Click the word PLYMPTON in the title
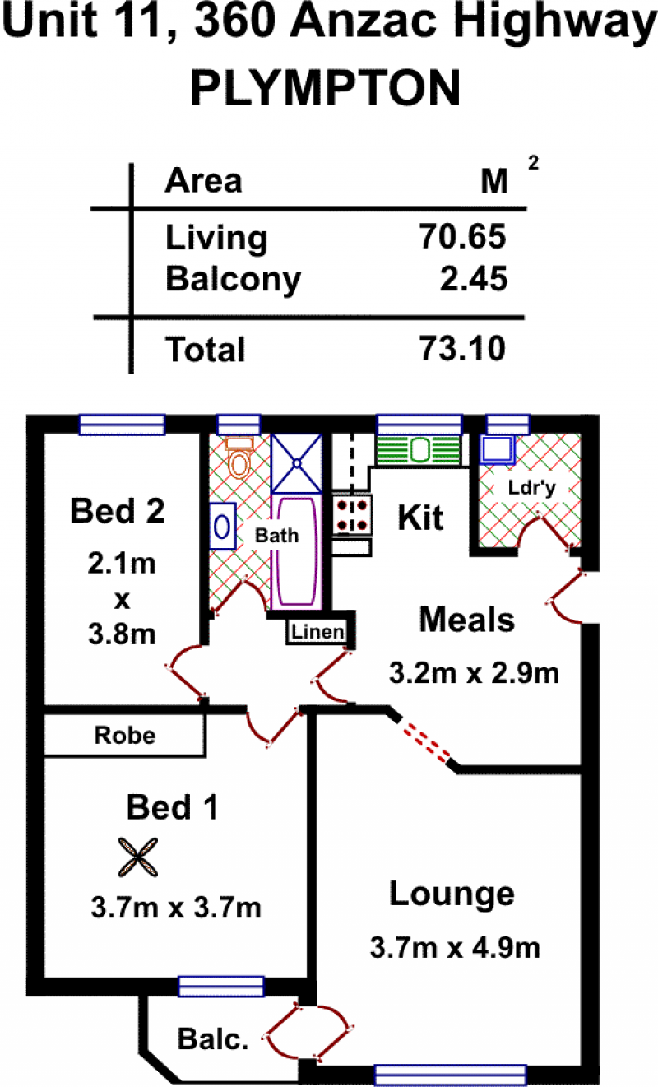[x=326, y=88]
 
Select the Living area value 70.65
[x=462, y=237]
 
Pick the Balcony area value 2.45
[x=473, y=279]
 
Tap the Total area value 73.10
[x=462, y=348]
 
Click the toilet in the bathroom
[x=239, y=458]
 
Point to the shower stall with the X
[x=296, y=463]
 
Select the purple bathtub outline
[x=296, y=551]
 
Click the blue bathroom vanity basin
[x=223, y=526]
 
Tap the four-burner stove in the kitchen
[x=351, y=515]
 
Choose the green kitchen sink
[x=419, y=450]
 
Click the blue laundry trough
[x=498, y=449]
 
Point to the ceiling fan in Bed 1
[x=137, y=857]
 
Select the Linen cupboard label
[x=317, y=631]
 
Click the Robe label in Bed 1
[x=125, y=735]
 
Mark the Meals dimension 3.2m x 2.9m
[x=474, y=673]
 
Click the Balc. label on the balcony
[x=213, y=1038]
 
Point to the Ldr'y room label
[x=531, y=488]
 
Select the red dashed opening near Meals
[x=427, y=743]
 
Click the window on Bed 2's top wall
[x=123, y=425]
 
